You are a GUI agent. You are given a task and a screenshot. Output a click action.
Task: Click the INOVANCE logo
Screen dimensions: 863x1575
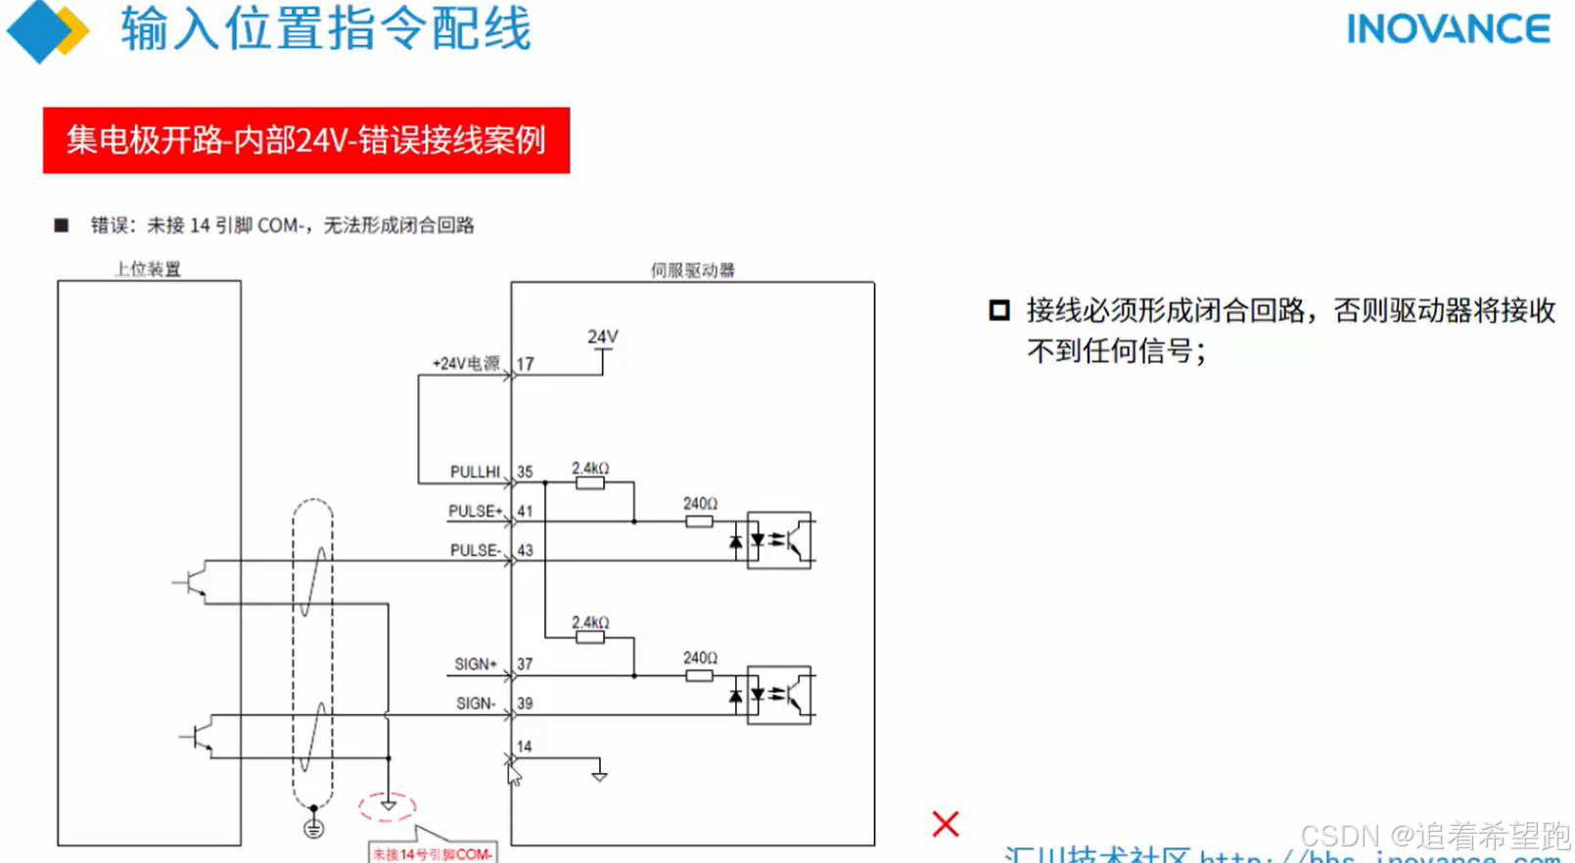pyautogui.click(x=1448, y=29)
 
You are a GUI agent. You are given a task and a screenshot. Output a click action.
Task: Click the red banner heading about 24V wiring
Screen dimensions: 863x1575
pyautogui.click(x=305, y=140)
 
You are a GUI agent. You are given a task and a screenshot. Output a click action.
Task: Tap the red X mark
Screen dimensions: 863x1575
pyautogui.click(x=946, y=824)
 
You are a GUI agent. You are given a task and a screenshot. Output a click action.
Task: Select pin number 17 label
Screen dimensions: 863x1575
pyautogui.click(x=526, y=364)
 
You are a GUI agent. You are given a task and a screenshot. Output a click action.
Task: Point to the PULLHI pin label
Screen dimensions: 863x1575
pyautogui.click(x=475, y=472)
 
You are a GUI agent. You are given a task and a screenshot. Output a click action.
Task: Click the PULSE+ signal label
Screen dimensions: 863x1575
pyautogui.click(x=475, y=511)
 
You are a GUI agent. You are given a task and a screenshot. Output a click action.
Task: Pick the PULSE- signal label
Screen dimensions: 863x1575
pyautogui.click(x=475, y=550)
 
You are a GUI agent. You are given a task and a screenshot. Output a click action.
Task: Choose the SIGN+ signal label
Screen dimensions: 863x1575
pyautogui.click(x=476, y=663)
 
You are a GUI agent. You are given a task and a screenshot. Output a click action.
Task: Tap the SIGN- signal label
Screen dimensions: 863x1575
pyautogui.click(x=476, y=703)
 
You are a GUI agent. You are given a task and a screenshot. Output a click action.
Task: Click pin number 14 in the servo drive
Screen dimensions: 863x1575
pyautogui.click(x=525, y=747)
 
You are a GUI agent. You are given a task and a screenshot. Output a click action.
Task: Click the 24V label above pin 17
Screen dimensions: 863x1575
pyautogui.click(x=603, y=337)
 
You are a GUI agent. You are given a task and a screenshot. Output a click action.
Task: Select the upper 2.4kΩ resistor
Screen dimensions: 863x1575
pyautogui.click(x=590, y=482)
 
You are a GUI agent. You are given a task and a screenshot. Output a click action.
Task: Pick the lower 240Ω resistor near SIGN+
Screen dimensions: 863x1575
pyautogui.click(x=699, y=675)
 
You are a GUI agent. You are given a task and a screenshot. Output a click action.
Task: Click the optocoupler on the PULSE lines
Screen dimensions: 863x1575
pyautogui.click(x=779, y=539)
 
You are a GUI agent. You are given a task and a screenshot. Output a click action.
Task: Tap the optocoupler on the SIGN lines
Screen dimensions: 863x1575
pyautogui.click(x=779, y=694)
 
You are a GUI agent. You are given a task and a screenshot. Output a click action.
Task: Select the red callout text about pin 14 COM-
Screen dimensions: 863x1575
pyautogui.click(x=432, y=854)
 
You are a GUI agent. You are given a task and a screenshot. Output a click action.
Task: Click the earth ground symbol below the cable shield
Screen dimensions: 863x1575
pyautogui.click(x=313, y=829)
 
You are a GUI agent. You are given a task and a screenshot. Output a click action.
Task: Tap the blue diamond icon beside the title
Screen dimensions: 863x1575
pyautogui.click(x=39, y=30)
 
